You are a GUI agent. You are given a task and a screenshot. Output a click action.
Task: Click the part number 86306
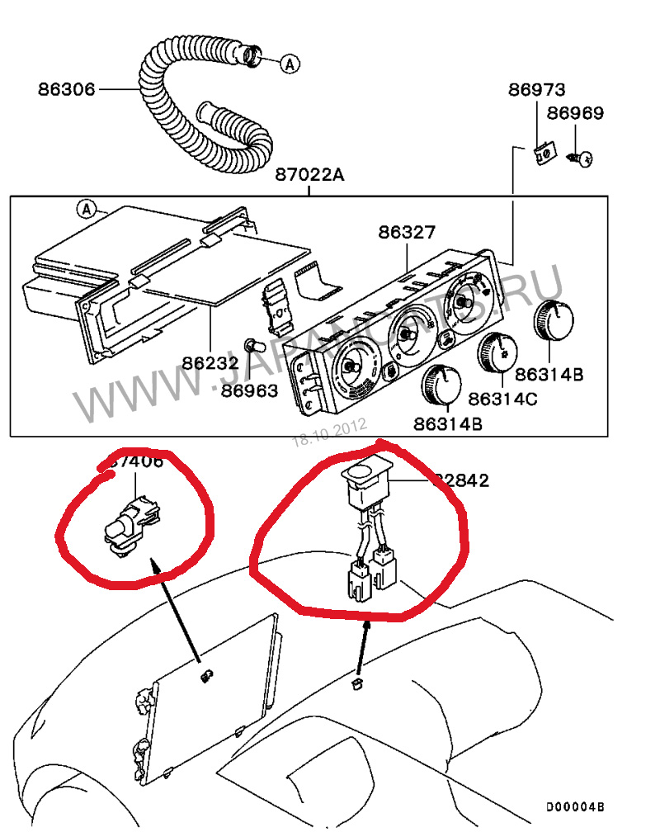pos(66,87)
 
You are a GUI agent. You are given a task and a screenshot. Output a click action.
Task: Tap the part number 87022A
pos(309,175)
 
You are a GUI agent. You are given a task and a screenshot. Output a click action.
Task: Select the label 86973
pos(535,89)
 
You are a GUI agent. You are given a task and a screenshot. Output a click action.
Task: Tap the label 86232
pos(210,362)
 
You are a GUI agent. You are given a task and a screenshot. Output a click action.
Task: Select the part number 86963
pos(249,390)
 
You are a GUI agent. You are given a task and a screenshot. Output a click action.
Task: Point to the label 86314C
pos(502,398)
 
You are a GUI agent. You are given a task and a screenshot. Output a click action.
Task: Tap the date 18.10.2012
pos(329,432)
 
